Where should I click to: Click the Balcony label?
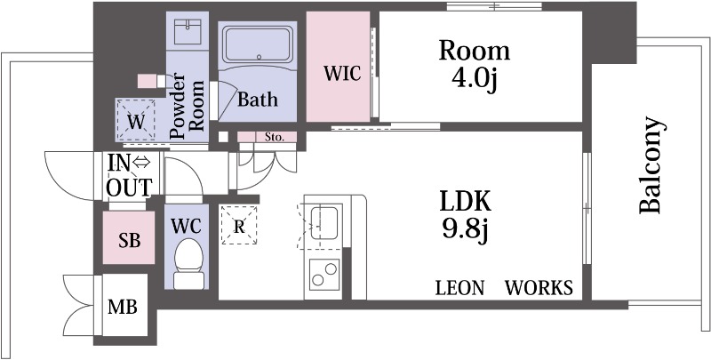pos(652,165)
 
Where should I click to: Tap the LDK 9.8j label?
pos(465,216)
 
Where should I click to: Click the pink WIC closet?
pos(338,67)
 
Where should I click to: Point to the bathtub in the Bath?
pos(258,44)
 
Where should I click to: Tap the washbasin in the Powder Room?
pos(188,32)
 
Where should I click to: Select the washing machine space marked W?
pos(136,121)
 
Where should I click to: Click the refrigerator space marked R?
pos(238,226)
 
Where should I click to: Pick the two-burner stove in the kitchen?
pos(324,275)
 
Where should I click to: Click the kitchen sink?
pos(324,222)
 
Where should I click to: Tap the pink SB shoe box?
pos(129,238)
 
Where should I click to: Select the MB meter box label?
pos(123,308)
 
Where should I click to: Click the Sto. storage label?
pos(276,137)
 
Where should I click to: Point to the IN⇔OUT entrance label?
pos(129,175)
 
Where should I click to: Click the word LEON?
pos(459,288)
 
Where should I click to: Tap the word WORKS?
pos(539,288)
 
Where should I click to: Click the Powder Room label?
pos(186,106)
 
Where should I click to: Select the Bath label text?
pos(258,100)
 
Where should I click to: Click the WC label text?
pos(187,226)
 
